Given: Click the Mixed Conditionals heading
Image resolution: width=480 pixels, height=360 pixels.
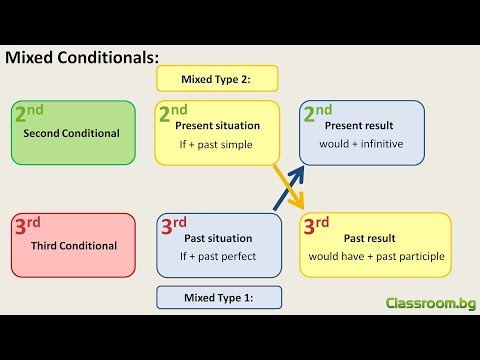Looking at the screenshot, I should [x=82, y=58].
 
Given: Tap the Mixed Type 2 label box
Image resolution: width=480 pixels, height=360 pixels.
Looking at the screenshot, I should [x=217, y=79].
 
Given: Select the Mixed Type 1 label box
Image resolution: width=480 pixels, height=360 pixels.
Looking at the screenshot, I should [x=219, y=297].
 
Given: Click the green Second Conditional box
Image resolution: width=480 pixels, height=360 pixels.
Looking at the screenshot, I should [x=72, y=132].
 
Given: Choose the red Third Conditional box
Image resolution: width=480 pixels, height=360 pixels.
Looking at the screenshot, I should [x=72, y=245].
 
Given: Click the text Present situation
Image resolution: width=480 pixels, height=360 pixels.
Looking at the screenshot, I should [x=217, y=126].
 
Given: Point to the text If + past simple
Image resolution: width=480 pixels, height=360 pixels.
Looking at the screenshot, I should [x=216, y=145].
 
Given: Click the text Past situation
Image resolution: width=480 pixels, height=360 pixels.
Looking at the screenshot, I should [x=219, y=238].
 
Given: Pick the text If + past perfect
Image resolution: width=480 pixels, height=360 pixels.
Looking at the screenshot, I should [x=219, y=257].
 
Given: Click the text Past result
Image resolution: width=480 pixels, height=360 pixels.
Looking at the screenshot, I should [x=369, y=238].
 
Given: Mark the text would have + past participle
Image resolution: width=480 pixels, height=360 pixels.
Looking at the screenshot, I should [x=376, y=257].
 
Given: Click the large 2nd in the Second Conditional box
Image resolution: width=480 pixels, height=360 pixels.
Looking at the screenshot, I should [x=30, y=113].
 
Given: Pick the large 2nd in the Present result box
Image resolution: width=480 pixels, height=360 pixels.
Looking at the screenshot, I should [x=318, y=113].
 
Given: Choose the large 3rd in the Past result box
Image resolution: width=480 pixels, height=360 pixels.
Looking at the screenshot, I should [x=317, y=225].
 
